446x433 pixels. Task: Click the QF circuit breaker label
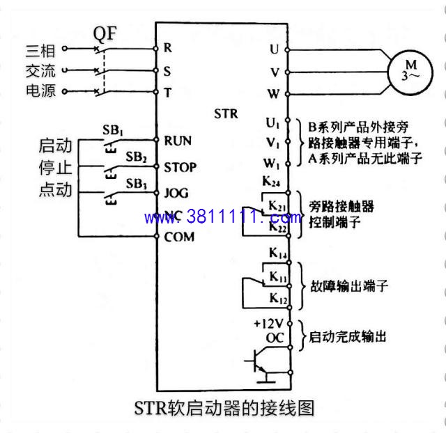105,34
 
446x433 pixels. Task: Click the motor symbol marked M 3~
410,72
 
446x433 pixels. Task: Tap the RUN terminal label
178,141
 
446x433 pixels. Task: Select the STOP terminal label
180,167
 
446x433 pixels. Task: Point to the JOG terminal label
176,194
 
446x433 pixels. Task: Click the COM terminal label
179,237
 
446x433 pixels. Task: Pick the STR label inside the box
226,113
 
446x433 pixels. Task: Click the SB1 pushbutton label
113,130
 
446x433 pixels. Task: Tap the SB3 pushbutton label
137,184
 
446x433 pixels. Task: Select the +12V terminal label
268,324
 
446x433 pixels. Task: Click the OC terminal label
275,338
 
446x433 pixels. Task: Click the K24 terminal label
271,182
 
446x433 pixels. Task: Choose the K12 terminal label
278,299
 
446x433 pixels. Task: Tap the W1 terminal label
272,164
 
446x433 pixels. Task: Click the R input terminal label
167,48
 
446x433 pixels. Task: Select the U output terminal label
274,49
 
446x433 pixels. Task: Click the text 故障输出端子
349,286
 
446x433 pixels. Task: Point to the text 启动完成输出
348,337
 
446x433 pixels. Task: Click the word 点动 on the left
56,189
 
